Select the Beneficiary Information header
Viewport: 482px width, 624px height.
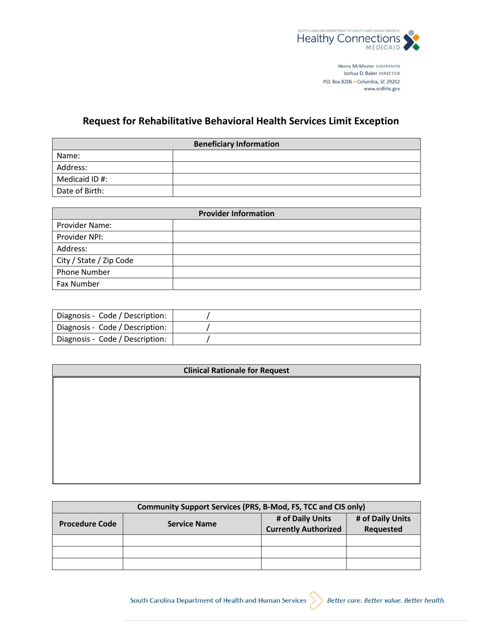click(236, 144)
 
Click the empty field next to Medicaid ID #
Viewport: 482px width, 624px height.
click(296, 179)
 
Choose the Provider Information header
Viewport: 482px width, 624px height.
click(236, 214)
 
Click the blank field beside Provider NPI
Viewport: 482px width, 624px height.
click(296, 237)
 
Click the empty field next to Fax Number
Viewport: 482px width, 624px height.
click(296, 284)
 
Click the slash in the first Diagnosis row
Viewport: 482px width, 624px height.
click(208, 316)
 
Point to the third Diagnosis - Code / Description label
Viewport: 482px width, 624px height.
click(112, 339)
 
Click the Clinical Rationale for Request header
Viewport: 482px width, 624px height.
click(236, 370)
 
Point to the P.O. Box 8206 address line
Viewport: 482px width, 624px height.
click(361, 81)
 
